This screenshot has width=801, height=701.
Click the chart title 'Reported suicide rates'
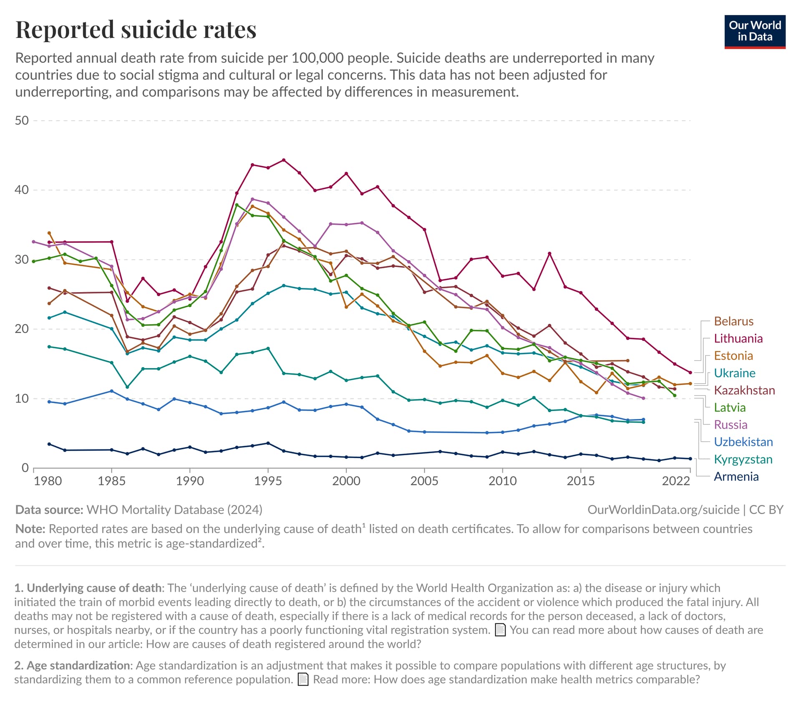click(x=136, y=30)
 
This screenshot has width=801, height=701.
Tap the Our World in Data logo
click(x=755, y=32)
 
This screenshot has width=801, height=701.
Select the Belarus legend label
click(x=733, y=321)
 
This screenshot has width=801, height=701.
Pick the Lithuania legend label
click(x=738, y=338)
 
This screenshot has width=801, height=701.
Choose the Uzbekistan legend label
click(x=743, y=442)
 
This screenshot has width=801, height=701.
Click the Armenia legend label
click(x=736, y=477)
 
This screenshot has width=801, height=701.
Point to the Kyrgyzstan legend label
click(x=743, y=459)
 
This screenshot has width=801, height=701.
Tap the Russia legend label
click(x=730, y=425)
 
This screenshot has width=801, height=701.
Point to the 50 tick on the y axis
click(x=22, y=121)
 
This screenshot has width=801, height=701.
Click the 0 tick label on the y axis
click(x=25, y=468)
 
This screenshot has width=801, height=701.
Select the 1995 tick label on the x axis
click(x=268, y=481)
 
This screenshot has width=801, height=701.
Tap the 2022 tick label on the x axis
click(x=676, y=481)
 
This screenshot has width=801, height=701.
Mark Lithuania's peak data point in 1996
click(x=284, y=160)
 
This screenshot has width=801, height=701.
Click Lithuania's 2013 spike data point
click(x=549, y=254)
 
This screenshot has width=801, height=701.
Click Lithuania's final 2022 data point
click(x=690, y=373)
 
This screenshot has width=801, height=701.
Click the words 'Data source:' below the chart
click(x=49, y=510)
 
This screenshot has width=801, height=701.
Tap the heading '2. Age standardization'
click(x=73, y=666)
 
